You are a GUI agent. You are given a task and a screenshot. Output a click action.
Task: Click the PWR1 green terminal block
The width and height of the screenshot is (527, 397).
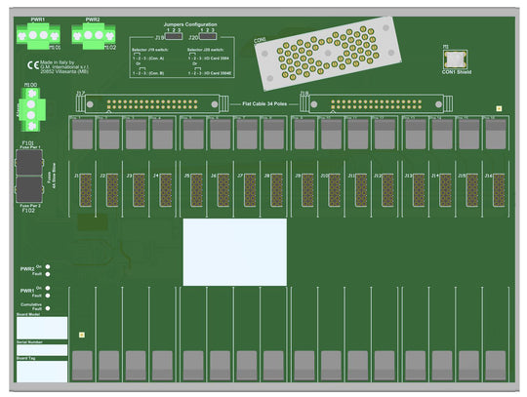click(38, 35)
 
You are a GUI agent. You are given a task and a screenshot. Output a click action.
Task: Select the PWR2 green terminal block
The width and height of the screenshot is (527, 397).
click(92, 35)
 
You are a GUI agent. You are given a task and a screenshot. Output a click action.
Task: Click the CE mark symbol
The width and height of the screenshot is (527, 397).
click(32, 66)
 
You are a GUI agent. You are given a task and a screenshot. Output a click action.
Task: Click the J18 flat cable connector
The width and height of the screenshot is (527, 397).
click(383, 100)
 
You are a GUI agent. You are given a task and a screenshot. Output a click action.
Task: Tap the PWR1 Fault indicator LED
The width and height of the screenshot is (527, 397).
click(47, 297)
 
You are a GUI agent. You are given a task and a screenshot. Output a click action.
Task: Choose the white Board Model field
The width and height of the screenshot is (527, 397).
click(41, 328)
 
